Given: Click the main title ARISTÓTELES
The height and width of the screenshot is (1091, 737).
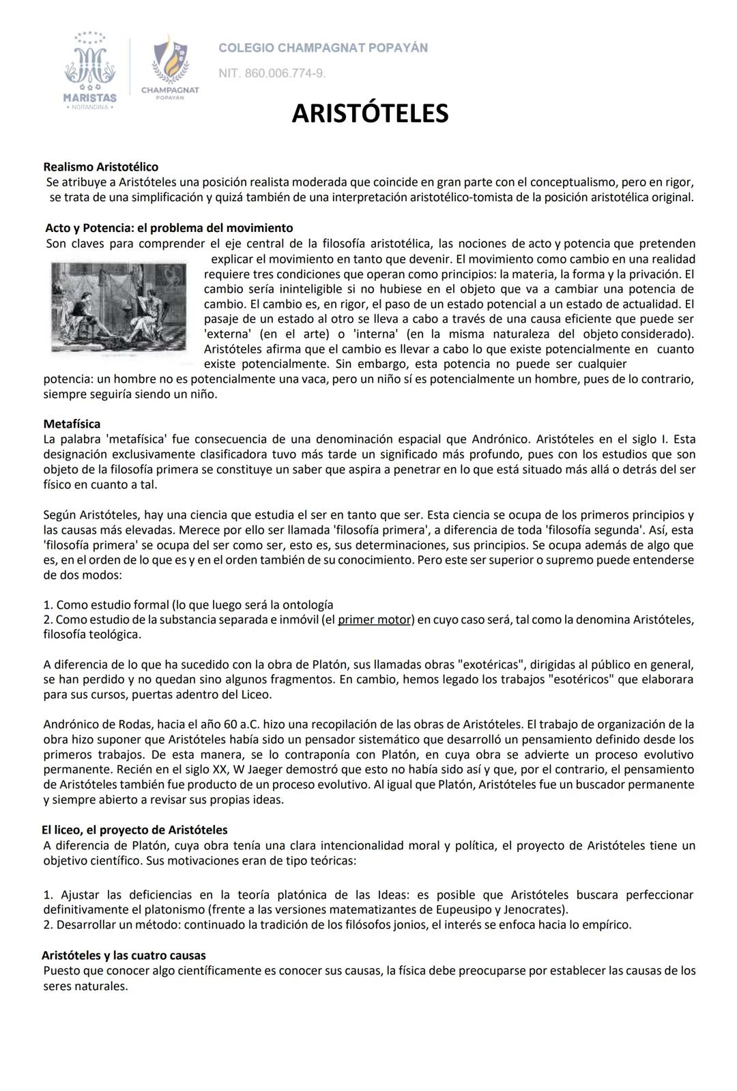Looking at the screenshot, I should click(x=370, y=113).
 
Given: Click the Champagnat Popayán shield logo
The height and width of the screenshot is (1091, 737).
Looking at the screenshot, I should click(x=170, y=67).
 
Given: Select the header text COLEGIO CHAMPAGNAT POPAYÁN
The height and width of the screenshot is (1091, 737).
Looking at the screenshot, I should click(x=323, y=48).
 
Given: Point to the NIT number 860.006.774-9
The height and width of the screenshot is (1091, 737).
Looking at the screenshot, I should click(x=272, y=73).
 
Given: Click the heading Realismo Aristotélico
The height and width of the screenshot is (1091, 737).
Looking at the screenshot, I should click(x=100, y=167).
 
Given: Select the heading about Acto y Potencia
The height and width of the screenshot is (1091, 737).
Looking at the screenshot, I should click(x=169, y=228).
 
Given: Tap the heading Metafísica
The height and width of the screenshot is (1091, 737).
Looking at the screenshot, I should click(x=72, y=424).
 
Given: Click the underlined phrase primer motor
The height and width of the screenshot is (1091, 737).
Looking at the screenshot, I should click(x=375, y=620).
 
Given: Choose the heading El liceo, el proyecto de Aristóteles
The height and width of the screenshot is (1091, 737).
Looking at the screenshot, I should click(x=134, y=830).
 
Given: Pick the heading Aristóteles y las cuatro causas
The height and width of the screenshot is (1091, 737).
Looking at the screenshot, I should click(x=124, y=955).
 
